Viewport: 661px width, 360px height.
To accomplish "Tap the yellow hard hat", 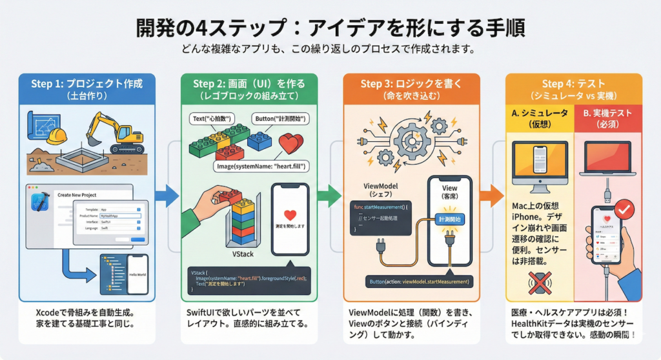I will click(x=57, y=135).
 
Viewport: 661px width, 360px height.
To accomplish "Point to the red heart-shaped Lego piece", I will click(x=292, y=145).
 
